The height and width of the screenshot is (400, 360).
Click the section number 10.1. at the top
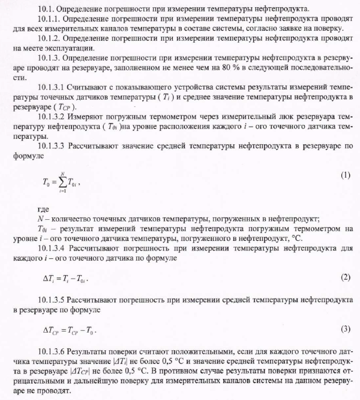point(46,8)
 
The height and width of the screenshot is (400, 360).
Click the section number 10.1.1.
point(50,19)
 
